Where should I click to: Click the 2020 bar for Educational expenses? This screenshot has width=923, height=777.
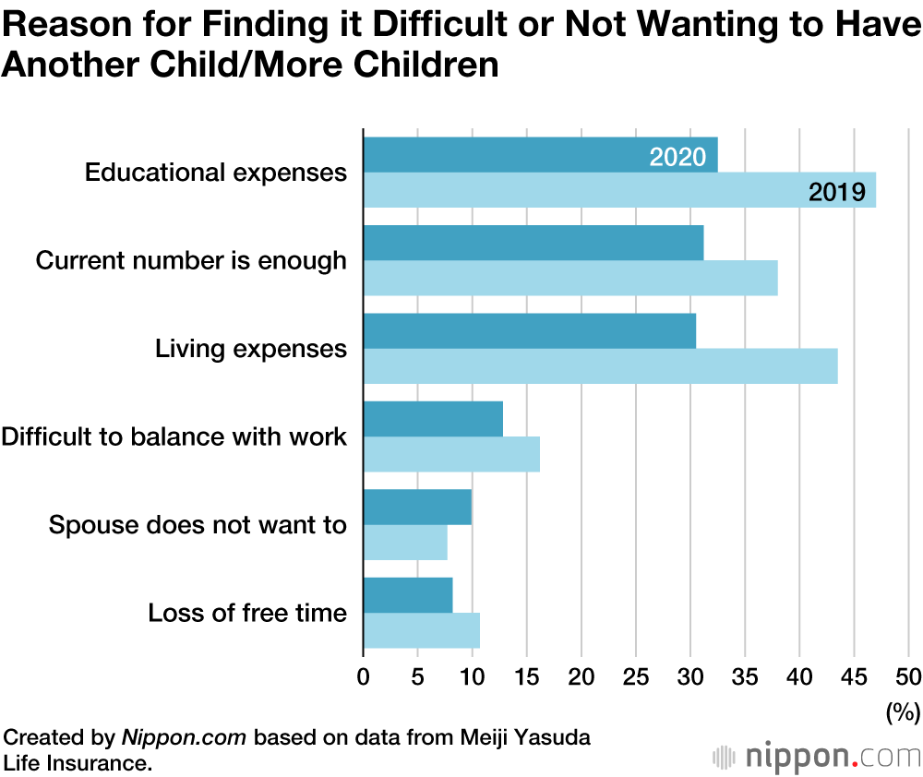pos(517,155)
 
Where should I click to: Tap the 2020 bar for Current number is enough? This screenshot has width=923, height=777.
pos(533,243)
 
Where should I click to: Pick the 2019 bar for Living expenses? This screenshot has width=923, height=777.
pos(600,366)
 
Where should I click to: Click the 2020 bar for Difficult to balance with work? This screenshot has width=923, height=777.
pos(433,419)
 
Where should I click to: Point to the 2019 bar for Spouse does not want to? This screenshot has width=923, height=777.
pos(405,543)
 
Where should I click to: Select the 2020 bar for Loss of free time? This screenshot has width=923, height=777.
pos(408,595)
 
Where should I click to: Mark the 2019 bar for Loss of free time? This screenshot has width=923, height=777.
pos(421,630)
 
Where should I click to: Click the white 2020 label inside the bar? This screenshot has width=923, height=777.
pos(677,157)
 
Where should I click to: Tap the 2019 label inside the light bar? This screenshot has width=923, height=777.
pos(836,192)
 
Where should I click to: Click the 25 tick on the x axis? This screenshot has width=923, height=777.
pos(636,676)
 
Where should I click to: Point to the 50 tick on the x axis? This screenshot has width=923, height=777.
pos(908,676)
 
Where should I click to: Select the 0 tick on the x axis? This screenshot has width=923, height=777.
pos(364,676)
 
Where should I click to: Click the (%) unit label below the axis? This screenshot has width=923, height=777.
pos(903,711)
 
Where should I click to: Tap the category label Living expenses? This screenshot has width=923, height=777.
pos(251,349)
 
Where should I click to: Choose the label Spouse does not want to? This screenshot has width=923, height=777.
pos(198,526)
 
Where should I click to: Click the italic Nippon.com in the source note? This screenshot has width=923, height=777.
pos(185,738)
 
